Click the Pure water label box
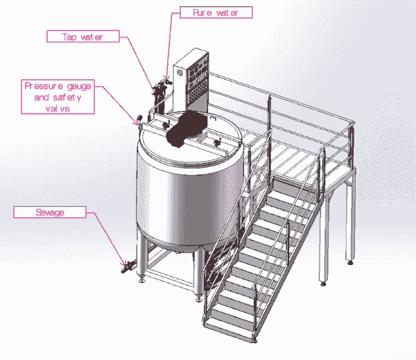(x=216, y=12)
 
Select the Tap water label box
(x=83, y=36)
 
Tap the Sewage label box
(x=50, y=212)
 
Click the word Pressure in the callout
(x=44, y=86)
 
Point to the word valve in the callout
(x=58, y=108)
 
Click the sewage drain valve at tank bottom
(x=128, y=266)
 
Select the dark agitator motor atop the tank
(x=187, y=128)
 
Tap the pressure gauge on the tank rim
(x=139, y=118)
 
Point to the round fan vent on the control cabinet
(x=179, y=72)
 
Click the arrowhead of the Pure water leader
(x=167, y=78)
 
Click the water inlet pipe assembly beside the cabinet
(x=160, y=93)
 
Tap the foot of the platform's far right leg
(x=350, y=263)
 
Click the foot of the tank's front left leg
(x=141, y=280)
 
